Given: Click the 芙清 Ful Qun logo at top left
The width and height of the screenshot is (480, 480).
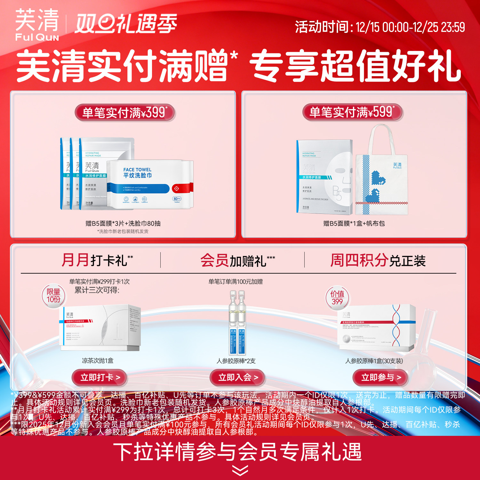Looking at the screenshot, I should tap(37, 25).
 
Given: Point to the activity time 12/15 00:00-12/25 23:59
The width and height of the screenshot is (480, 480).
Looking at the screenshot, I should tap(380, 27).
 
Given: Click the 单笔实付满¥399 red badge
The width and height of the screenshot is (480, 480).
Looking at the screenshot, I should tap(125, 113).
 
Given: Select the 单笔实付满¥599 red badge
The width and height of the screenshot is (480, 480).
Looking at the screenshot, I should tap(352, 112).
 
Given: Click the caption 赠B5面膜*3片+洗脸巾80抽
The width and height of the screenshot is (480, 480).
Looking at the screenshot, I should tap(123, 223).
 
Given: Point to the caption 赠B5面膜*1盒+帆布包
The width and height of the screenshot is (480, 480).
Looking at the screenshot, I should tap(354, 223).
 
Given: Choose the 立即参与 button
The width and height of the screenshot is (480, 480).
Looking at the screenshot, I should tap(381, 378).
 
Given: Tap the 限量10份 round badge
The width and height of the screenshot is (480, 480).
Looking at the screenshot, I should tap(53, 296).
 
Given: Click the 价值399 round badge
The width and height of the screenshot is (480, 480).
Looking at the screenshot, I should tap(337, 298).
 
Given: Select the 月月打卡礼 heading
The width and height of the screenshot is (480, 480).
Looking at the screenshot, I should tap(97, 260).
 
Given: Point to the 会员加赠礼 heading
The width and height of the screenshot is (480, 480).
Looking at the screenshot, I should tap(237, 260).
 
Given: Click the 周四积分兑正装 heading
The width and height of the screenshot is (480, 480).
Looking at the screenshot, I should tap(378, 260).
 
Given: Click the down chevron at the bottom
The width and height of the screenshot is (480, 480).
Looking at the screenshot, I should tap(240, 470).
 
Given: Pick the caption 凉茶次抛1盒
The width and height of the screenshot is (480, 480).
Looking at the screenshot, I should tap(98, 361).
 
